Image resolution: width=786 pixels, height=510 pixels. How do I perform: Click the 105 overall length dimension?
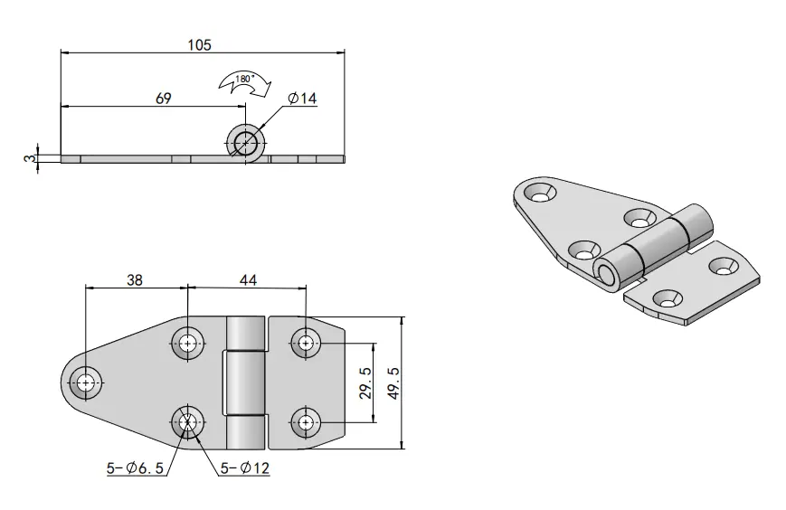[200, 45]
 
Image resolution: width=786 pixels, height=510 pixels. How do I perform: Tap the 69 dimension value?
[164, 99]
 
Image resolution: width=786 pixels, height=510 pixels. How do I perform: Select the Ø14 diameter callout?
[302, 99]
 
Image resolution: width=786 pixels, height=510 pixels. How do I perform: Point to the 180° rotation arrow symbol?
[244, 83]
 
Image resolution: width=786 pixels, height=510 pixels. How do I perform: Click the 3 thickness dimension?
[31, 158]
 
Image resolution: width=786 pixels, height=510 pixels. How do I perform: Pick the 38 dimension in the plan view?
[135, 279]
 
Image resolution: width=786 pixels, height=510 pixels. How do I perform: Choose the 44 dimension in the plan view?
[248, 279]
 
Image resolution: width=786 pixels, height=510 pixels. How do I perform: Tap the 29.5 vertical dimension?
[366, 382]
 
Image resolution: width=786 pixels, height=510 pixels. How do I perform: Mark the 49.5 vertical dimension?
[394, 382]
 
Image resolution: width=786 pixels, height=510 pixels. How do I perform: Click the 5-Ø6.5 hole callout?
[135, 468]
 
